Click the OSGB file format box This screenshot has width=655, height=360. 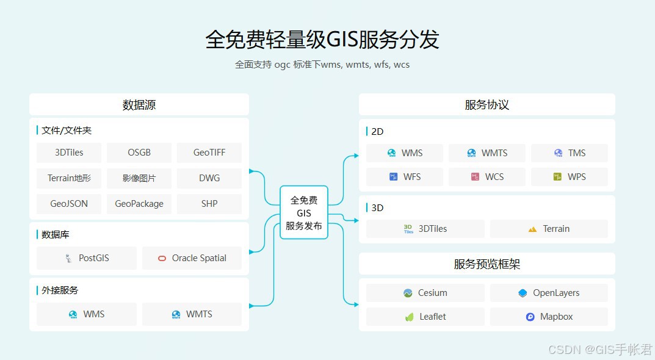(139, 153)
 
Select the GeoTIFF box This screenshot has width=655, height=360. (209, 153)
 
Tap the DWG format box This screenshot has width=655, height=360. (209, 178)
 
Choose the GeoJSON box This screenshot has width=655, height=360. (69, 204)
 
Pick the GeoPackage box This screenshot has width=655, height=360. (139, 204)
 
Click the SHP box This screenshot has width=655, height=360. (209, 204)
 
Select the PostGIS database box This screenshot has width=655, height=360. (87, 258)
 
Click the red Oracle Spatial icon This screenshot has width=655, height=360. (162, 258)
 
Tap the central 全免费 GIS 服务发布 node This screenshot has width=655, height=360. (304, 212)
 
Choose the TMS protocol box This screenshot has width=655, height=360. (570, 153)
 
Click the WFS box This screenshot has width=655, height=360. (405, 177)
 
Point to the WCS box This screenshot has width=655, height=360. (487, 177)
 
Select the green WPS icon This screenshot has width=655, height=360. (557, 177)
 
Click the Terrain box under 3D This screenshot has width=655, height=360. (549, 229)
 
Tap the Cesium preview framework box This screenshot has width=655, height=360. (425, 293)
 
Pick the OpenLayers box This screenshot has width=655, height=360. (549, 293)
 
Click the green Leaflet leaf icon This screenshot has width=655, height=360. (409, 317)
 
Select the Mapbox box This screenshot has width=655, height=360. (549, 317)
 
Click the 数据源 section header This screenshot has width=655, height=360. (139, 104)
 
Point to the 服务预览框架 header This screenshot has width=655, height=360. (487, 264)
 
